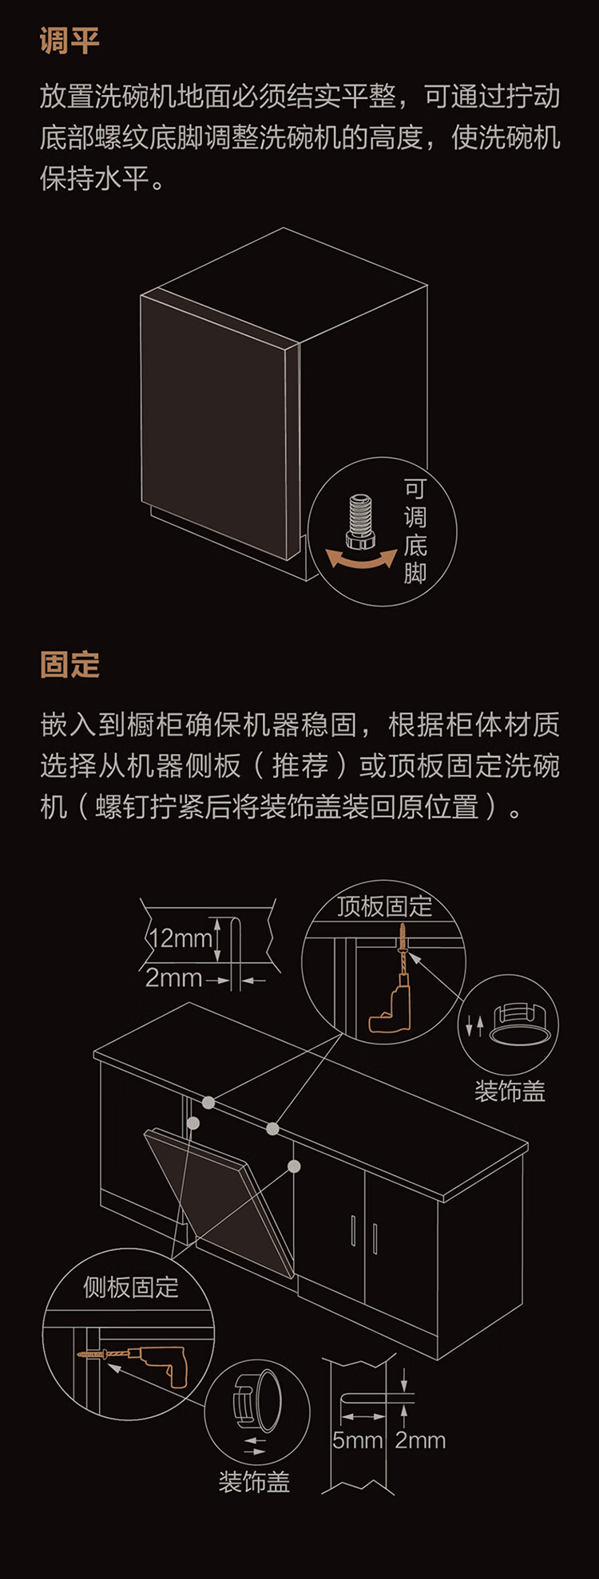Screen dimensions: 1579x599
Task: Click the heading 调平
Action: (69, 41)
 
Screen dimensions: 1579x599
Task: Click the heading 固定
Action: (69, 665)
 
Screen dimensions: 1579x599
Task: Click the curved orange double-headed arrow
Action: (362, 559)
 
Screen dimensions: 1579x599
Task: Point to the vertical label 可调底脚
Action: (415, 531)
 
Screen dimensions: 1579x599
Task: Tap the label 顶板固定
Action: (384, 906)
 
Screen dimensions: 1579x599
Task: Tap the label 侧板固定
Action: (131, 1287)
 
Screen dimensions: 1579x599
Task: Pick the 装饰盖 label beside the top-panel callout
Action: (510, 1091)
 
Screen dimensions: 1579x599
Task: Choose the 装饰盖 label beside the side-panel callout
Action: (254, 1482)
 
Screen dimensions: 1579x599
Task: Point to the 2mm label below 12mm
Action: (173, 977)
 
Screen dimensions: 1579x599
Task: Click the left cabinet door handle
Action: (353, 1230)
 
